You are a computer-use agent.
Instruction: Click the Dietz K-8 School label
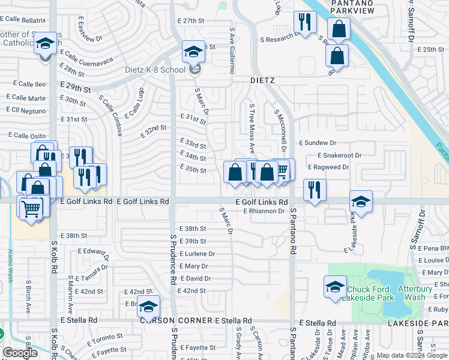coord(155,70)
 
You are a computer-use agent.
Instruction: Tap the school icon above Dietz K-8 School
coord(193,52)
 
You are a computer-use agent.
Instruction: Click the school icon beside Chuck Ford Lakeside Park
coord(335,287)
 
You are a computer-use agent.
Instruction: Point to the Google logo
coord(20,353)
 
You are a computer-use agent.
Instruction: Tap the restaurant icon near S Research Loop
coord(305,23)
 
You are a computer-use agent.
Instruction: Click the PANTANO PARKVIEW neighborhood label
coord(352,7)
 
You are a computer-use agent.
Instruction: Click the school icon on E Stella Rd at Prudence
coord(148,307)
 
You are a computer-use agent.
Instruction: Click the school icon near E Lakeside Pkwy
coord(361,202)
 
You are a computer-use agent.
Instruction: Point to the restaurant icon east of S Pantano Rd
coord(315,190)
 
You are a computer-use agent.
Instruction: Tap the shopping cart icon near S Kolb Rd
coord(31,209)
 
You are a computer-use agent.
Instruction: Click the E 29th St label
coord(75,88)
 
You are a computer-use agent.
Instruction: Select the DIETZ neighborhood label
coord(262,79)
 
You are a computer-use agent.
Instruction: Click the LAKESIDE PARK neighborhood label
coord(419,323)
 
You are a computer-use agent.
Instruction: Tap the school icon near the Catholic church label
coord(45,44)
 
